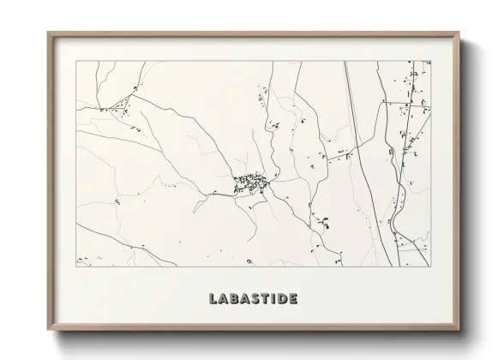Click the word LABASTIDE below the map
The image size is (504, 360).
click(252, 299)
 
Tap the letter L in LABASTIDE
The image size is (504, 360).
click(213, 299)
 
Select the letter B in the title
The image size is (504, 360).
click(233, 299)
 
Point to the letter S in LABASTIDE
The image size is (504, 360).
click(254, 299)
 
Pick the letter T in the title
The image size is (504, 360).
click(263, 299)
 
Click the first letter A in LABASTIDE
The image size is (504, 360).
click(223, 299)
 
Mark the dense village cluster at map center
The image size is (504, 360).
click(250, 182)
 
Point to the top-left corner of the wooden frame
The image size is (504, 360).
click(48, 33)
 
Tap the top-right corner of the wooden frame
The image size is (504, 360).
click(457, 33)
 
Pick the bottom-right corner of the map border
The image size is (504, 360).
click(431, 265)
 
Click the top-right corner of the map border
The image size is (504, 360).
click(431, 61)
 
